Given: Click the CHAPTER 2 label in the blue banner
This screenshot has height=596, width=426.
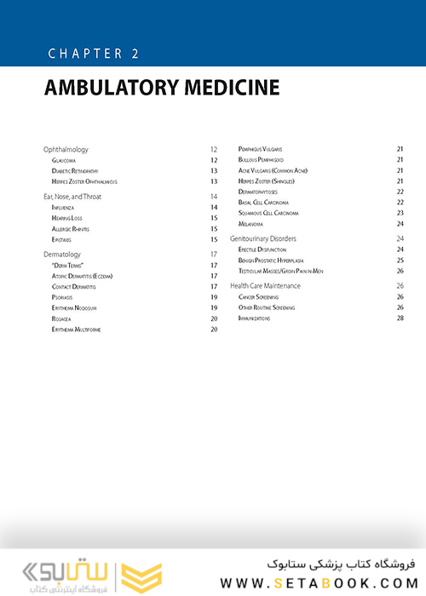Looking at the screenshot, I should tap(94, 54).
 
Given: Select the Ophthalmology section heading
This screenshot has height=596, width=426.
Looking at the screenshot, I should tap(66, 150).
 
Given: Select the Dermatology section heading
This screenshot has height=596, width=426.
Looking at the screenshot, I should tap(62, 255).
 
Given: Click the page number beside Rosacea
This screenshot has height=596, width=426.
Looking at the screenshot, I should tap(214, 318).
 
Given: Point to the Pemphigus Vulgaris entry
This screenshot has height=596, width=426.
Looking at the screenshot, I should tap(267, 150).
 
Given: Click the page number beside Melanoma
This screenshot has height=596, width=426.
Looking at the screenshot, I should tap(400, 224).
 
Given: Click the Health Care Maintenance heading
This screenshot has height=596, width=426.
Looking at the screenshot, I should tap(266, 286).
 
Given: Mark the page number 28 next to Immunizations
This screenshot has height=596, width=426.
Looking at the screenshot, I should tap(400, 318).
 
